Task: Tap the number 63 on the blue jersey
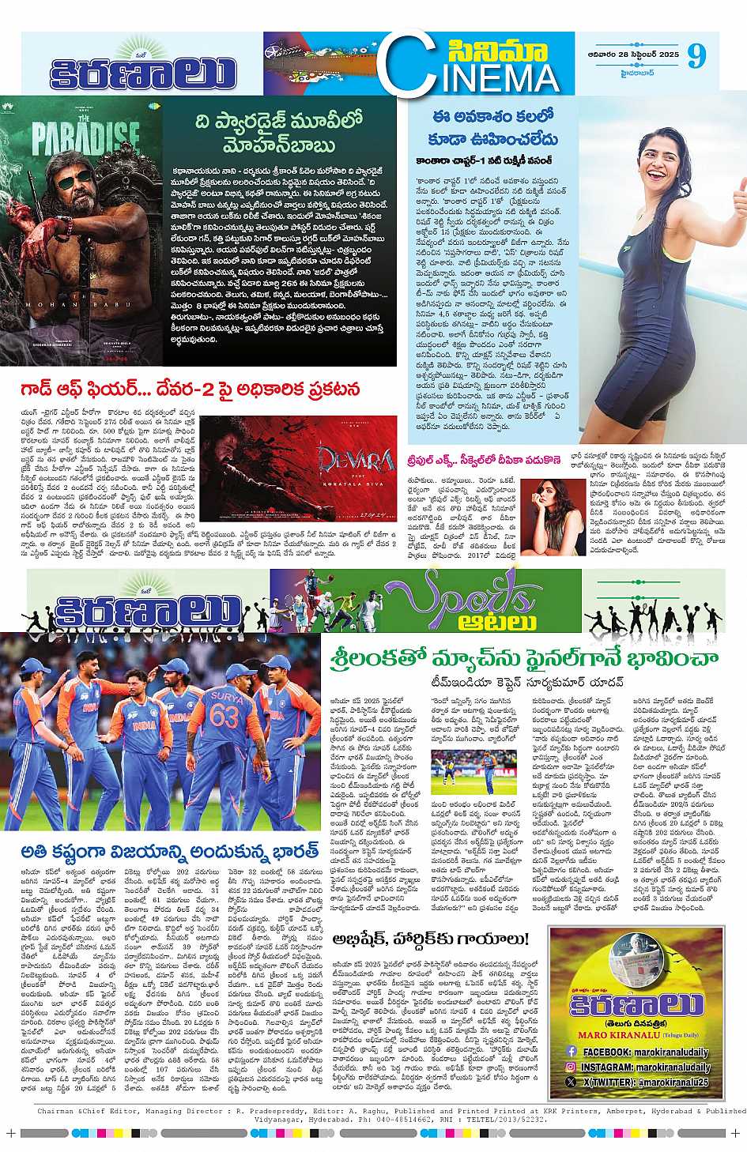click(x=224, y=716)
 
